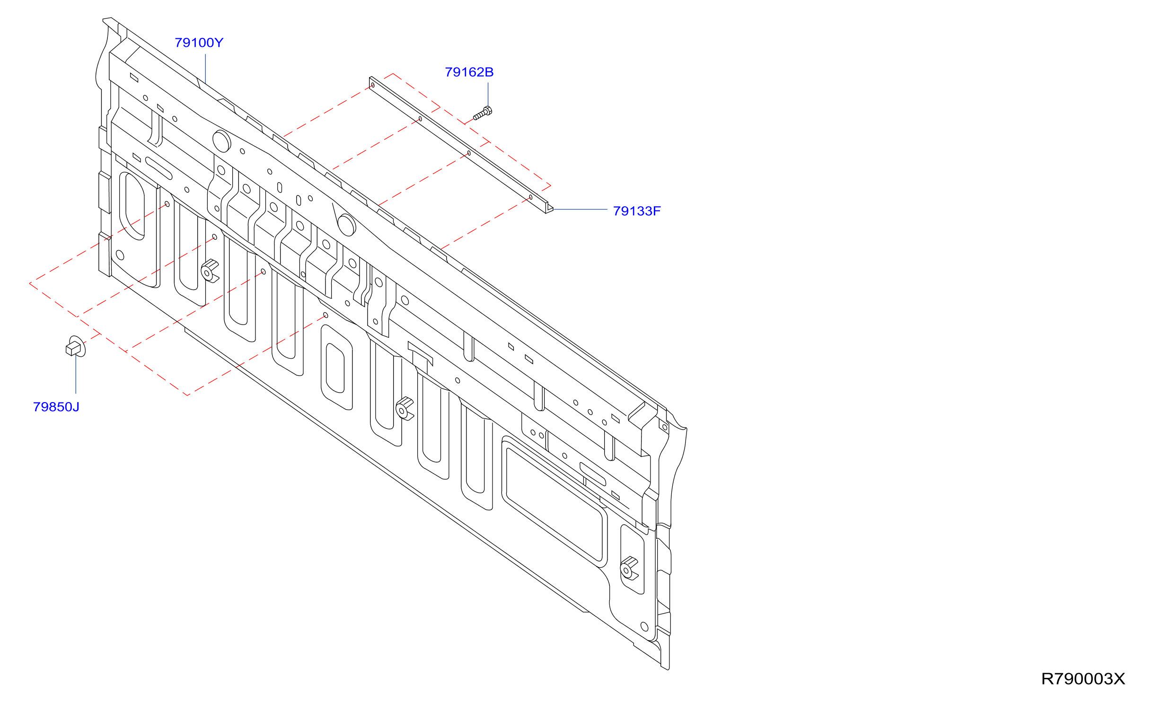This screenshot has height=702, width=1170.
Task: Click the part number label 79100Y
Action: point(199,43)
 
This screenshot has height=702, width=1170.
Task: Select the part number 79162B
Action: point(469,72)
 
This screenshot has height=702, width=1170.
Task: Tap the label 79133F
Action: point(637,211)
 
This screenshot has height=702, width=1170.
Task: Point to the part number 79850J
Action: point(56,407)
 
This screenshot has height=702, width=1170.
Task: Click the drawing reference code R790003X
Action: point(1082,679)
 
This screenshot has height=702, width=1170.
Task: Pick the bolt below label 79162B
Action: point(483,114)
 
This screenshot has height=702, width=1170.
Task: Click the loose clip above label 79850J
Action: point(76,347)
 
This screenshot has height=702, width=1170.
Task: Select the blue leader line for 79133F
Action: point(581,209)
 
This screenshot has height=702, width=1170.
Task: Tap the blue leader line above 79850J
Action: point(76,374)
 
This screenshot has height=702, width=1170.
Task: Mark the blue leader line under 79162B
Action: point(488,95)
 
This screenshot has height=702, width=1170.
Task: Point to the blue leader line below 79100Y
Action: point(205,69)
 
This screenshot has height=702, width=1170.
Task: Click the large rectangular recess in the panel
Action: point(554,501)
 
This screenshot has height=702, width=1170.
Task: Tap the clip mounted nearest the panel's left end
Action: point(210,271)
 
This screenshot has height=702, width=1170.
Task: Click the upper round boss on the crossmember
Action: point(221,140)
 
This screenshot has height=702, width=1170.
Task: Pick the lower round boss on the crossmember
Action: point(347,225)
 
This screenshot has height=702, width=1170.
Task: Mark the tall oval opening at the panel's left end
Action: point(132,206)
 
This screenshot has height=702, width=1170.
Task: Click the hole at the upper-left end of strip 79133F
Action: point(373,85)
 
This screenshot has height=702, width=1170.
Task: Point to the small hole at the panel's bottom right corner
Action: point(644,626)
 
